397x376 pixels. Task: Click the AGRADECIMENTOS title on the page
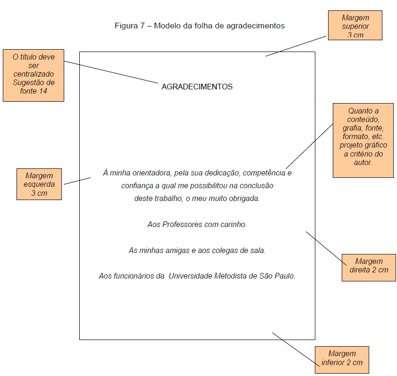[197, 87]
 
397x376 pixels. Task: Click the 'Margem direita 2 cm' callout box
[369, 266]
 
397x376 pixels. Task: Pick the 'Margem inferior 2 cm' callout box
[342, 359]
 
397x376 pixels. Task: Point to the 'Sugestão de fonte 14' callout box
[33, 75]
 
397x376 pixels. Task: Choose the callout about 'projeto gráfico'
[363, 140]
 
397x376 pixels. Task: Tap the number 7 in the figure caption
[142, 26]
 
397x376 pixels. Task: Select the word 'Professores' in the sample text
[182, 225]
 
